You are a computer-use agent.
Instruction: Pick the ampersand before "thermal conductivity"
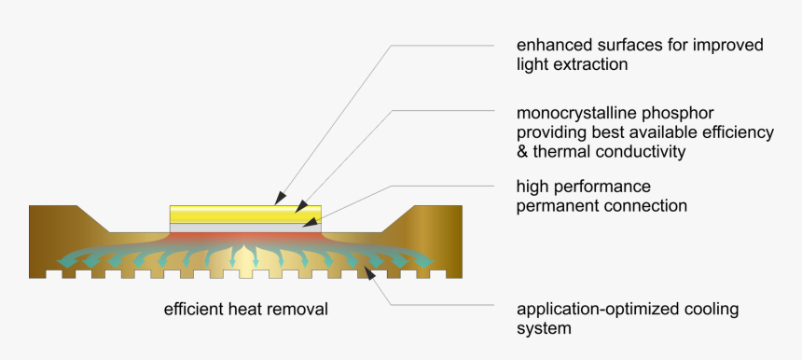pyautogui.click(x=522, y=151)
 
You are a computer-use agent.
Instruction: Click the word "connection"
pyautogui.click(x=648, y=205)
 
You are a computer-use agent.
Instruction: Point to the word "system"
pyautogui.click(x=544, y=328)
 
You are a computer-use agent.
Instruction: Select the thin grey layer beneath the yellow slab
pyautogui.click(x=245, y=227)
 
